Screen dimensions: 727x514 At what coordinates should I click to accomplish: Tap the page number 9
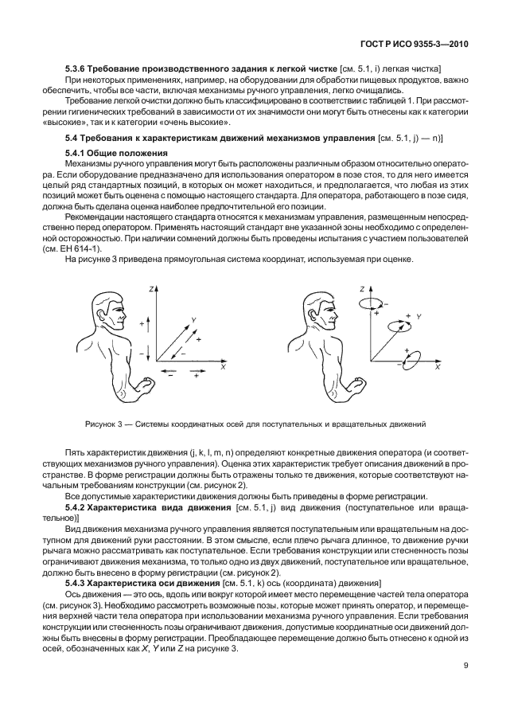pos(466,689)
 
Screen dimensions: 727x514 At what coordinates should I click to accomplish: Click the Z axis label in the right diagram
pos(361,288)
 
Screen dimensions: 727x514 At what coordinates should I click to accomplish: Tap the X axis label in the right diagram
pos(436,368)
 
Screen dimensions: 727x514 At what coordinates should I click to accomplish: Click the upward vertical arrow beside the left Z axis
pos(141,324)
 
